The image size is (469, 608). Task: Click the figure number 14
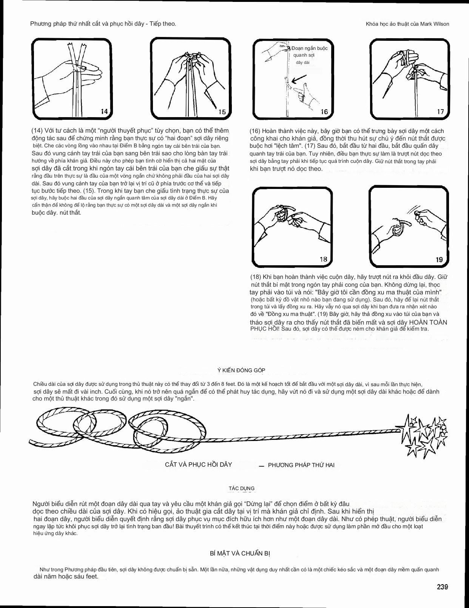point(104,111)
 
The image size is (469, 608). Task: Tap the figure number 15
point(222,111)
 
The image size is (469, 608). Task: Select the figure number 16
point(324,111)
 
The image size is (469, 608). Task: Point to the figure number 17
point(440,111)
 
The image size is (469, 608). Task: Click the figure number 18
point(323,259)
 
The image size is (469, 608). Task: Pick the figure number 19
point(439,260)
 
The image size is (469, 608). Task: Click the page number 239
point(442,587)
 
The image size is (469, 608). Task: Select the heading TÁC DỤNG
point(242,488)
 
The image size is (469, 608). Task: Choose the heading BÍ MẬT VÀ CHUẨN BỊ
point(240,554)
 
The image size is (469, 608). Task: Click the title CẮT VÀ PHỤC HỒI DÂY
point(198,464)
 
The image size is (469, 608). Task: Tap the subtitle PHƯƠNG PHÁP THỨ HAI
point(301,465)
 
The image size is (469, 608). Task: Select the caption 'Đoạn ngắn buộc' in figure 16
point(309,48)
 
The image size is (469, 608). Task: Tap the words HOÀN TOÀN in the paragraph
point(428,322)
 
